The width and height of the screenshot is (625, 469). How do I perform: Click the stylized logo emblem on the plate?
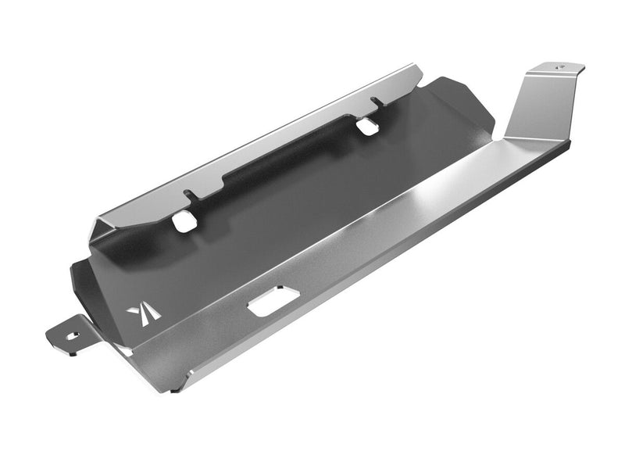[x=144, y=312]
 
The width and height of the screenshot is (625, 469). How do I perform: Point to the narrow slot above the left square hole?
[x=186, y=195]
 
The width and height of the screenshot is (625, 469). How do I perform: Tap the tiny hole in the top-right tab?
[x=559, y=68]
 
